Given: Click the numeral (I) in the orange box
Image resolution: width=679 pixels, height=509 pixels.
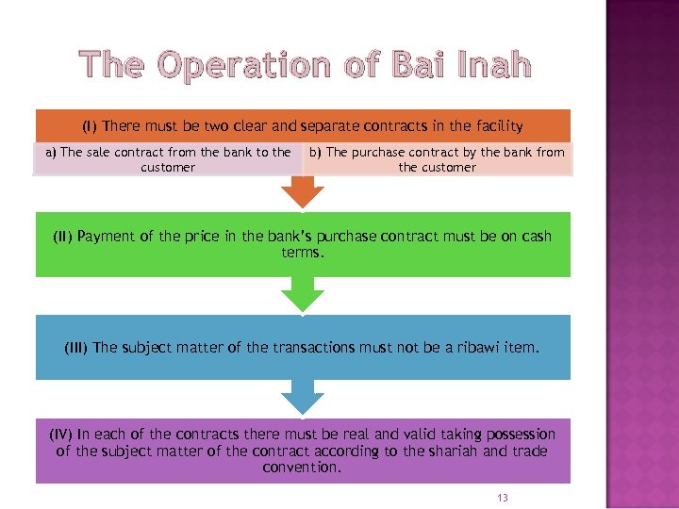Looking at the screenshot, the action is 90,126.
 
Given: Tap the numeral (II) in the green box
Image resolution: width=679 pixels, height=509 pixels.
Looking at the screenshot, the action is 63,237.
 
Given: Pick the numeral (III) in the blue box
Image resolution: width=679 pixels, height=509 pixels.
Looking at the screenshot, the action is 76,347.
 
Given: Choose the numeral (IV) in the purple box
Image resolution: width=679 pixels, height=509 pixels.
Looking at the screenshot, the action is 62,435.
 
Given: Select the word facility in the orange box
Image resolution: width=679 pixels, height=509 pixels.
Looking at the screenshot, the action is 496,126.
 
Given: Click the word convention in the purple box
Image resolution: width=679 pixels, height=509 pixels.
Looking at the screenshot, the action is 301,467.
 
